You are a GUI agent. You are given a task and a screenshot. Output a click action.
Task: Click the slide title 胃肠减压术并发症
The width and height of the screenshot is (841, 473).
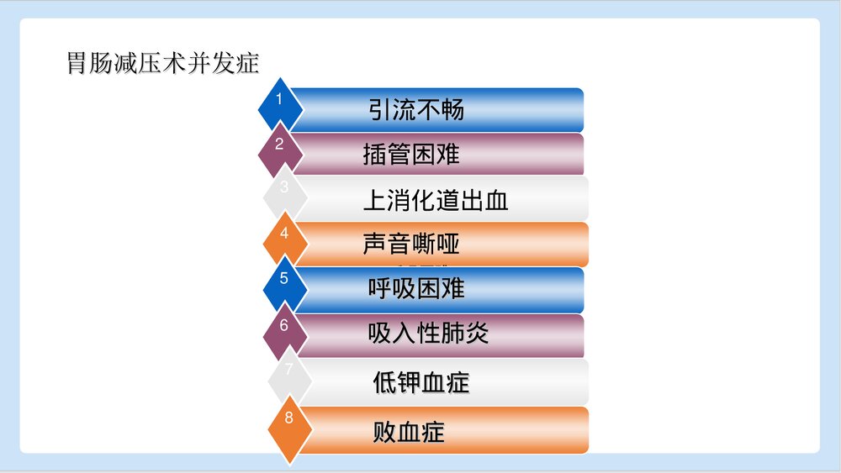click(163, 64)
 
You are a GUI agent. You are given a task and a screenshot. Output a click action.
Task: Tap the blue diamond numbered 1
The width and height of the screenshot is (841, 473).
click(280, 101)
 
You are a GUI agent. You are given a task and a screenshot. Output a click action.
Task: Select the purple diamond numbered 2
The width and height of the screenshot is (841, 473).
click(280, 147)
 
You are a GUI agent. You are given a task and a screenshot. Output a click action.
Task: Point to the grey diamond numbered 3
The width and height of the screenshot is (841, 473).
click(284, 192)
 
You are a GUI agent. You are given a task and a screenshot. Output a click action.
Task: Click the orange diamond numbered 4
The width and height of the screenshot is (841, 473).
click(284, 239)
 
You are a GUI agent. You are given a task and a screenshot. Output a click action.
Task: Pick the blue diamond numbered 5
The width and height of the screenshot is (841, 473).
click(284, 284)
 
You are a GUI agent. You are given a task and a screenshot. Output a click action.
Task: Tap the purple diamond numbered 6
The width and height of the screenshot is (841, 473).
click(284, 329)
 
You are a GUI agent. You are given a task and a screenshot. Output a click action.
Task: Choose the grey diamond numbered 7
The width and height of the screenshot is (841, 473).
click(288, 375)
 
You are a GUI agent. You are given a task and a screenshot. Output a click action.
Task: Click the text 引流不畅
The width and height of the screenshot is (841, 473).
click(416, 110)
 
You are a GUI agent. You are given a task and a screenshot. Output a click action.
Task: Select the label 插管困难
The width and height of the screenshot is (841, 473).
click(411, 155)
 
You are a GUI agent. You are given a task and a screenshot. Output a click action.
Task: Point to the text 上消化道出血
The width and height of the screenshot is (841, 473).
click(436, 201)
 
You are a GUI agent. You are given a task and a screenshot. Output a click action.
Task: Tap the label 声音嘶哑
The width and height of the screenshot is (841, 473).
click(411, 244)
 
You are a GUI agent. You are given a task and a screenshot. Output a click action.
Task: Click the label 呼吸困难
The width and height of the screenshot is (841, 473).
click(416, 289)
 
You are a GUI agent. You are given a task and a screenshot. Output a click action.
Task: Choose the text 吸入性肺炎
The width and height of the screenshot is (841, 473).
click(428, 334)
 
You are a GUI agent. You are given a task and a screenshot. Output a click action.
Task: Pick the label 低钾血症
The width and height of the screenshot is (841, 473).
click(420, 383)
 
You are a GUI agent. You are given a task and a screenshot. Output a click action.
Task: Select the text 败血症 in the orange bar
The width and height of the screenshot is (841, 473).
click(408, 433)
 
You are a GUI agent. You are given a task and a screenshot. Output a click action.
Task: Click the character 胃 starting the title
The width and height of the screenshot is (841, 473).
click(77, 64)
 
